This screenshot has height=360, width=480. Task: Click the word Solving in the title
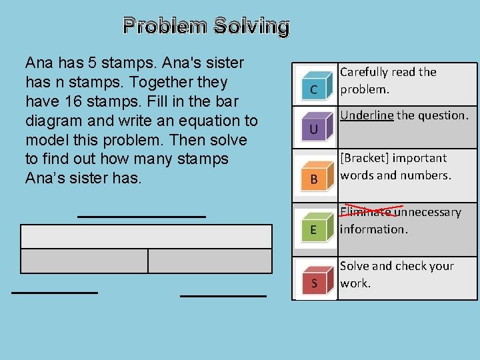[x=251, y=26]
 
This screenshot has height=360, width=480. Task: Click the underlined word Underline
[x=367, y=115]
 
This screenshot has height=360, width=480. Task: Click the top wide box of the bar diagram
[x=147, y=236]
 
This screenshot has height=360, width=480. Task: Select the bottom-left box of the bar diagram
[x=84, y=261]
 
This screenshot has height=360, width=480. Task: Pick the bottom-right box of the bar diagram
[x=209, y=261]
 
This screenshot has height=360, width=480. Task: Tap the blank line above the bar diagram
[x=141, y=216]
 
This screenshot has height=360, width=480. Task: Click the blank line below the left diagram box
[x=55, y=292]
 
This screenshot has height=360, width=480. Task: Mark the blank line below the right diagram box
[x=223, y=294]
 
